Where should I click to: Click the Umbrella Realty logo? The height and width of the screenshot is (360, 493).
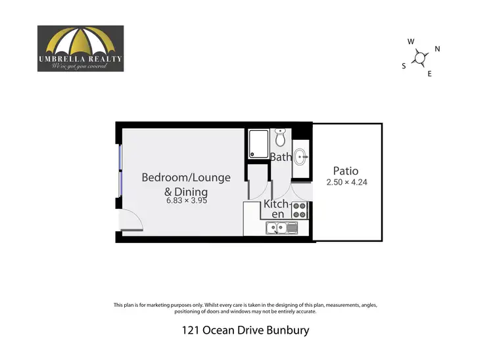pyautogui.click(x=80, y=48)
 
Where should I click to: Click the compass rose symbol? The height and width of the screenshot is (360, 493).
pyautogui.click(x=421, y=57)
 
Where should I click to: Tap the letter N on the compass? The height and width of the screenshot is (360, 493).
pyautogui.click(x=438, y=49)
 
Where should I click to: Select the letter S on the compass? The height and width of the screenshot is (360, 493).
pyautogui.click(x=404, y=66)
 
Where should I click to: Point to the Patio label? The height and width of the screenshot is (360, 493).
pyautogui.click(x=346, y=171)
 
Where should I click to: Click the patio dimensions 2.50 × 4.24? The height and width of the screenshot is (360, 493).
pyautogui.click(x=346, y=182)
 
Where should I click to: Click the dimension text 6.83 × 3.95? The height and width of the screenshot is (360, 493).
pyautogui.click(x=187, y=202)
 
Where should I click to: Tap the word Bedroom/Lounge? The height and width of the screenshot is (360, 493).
pyautogui.click(x=187, y=177)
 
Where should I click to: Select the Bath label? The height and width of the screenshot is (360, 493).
pyautogui.click(x=281, y=157)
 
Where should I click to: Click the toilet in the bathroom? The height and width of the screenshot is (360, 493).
pyautogui.click(x=281, y=138)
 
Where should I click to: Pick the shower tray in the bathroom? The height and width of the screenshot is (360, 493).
pyautogui.click(x=258, y=143)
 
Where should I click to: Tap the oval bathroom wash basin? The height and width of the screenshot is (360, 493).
pyautogui.click(x=300, y=156)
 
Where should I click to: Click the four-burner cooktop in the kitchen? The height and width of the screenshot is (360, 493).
pyautogui.click(x=300, y=210)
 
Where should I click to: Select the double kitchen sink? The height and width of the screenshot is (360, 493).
pyautogui.click(x=282, y=228)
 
